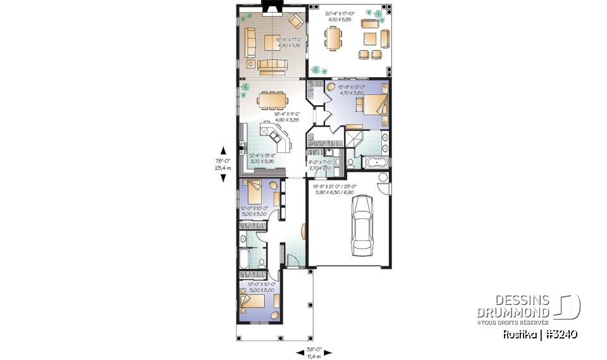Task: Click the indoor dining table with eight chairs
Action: [273, 99]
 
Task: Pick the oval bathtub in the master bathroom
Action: [377, 163]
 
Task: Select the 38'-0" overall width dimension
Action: [314, 351]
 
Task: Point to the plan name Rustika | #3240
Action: [541, 334]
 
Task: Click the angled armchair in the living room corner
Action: [295, 21]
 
